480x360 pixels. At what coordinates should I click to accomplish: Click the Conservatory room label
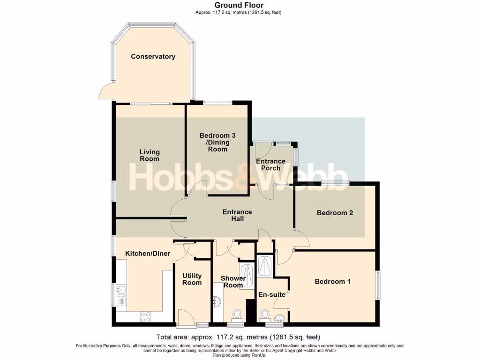(x=153, y=57)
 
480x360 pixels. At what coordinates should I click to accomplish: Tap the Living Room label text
(x=150, y=155)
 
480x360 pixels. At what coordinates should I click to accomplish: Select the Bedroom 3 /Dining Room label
(x=217, y=142)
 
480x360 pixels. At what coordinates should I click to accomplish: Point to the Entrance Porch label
(x=270, y=165)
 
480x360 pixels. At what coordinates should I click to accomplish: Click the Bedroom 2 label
(x=335, y=213)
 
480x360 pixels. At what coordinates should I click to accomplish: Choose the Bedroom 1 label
(x=332, y=282)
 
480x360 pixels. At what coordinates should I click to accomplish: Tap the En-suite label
(x=272, y=295)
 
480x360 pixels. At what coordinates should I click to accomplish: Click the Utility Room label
(x=192, y=279)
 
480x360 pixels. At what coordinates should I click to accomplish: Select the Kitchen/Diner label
(x=147, y=254)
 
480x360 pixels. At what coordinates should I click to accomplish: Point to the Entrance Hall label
(x=237, y=215)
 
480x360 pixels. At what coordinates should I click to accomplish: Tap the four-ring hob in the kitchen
(x=145, y=317)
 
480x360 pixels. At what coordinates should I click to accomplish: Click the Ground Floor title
(x=240, y=6)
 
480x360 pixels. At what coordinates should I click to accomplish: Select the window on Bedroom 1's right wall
(x=378, y=284)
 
